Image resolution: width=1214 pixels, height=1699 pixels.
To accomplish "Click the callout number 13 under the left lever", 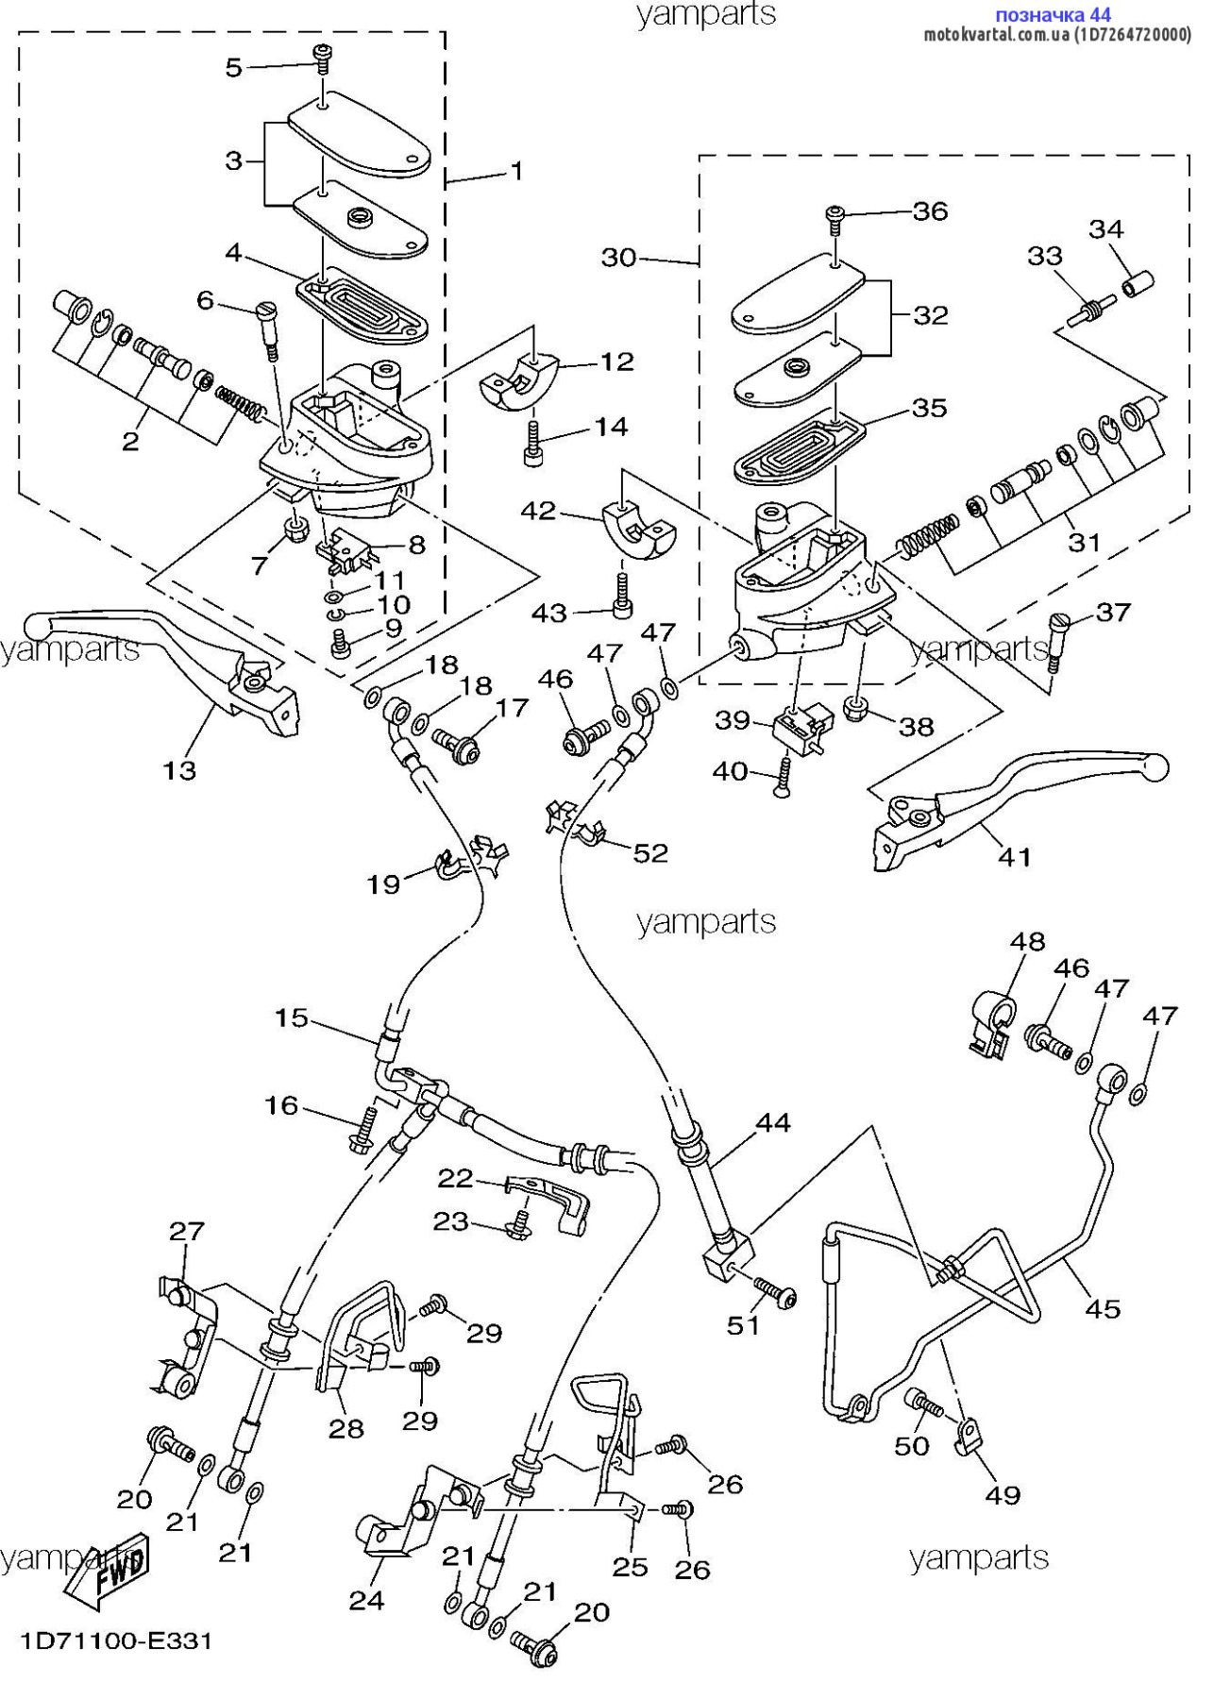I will pos(178,770).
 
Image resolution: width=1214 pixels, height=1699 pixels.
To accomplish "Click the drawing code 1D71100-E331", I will pos(116,1641).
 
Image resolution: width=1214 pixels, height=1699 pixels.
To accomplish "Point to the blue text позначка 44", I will pos(1053,15).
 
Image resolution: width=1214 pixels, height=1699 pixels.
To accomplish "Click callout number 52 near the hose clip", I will pos(650,852).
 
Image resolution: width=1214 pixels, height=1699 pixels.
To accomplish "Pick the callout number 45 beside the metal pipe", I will pos(1103,1308).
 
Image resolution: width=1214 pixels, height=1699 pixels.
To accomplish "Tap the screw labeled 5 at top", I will pos(324,59).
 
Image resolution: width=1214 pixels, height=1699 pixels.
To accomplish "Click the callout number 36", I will pos(930,211).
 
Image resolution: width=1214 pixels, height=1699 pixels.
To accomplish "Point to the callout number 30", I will pos(619,258).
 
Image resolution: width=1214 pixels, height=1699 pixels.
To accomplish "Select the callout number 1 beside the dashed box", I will pos(516,171).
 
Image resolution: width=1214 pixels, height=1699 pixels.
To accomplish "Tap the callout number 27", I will pos(186,1231).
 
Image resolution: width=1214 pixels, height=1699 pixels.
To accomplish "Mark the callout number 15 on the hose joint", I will pos(292,1018).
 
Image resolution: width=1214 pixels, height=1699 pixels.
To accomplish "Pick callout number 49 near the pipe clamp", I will pos(1003,1494).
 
